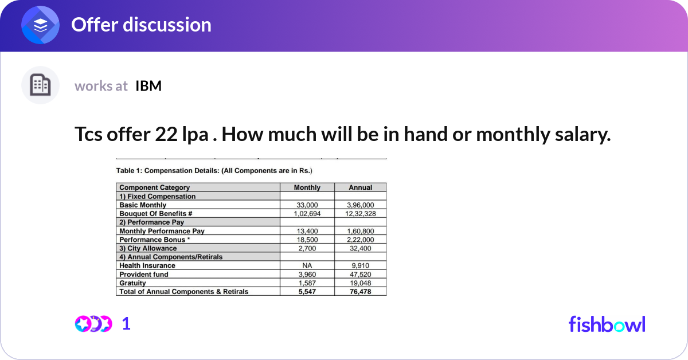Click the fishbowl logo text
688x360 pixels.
tap(607, 324)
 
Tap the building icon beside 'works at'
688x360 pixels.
tap(40, 85)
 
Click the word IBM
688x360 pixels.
tap(148, 86)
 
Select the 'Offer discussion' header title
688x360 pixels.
tap(141, 25)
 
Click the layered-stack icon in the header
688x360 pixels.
tap(40, 25)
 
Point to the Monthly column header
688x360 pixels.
tap(307, 187)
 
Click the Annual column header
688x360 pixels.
tap(360, 187)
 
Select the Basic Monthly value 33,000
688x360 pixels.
tap(307, 205)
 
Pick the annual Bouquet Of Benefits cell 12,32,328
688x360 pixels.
tap(360, 213)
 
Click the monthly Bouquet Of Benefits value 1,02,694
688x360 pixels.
tap(307, 213)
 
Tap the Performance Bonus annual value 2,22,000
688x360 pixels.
tap(360, 240)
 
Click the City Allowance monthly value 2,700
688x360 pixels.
tap(307, 248)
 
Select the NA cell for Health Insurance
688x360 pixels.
tap(307, 265)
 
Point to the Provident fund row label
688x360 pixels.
tap(144, 275)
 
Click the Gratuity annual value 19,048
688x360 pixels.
tap(360, 283)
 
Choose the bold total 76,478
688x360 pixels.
tap(360, 292)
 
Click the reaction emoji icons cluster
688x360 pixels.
tap(93, 324)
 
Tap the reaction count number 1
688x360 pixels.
tap(127, 324)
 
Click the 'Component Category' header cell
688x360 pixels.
tap(155, 187)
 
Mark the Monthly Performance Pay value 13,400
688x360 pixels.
tap(307, 231)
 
